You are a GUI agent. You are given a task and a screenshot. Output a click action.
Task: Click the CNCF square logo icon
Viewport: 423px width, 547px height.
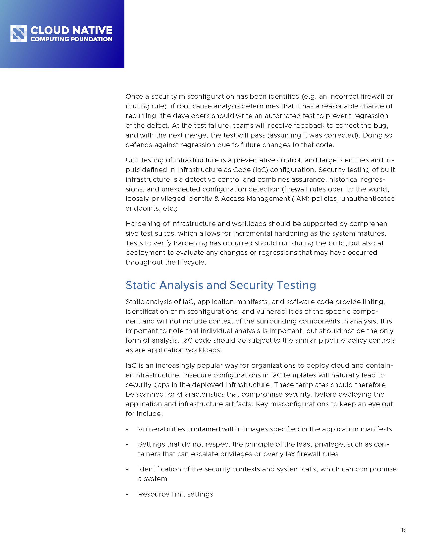point(19,34)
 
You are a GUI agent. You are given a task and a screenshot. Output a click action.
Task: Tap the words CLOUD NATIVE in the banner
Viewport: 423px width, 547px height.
point(71,30)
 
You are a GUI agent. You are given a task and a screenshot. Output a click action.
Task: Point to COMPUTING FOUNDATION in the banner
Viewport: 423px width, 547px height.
point(71,39)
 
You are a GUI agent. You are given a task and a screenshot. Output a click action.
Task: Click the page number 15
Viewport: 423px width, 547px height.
point(403,530)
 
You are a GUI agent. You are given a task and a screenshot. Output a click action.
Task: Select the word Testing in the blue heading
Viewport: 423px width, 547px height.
point(296,285)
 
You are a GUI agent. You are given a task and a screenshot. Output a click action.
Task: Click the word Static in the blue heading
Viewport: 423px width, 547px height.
point(141,285)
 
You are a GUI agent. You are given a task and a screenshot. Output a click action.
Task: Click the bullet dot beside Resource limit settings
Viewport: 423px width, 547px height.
point(127,495)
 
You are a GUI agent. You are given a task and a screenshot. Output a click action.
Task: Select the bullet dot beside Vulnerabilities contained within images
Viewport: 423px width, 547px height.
point(127,430)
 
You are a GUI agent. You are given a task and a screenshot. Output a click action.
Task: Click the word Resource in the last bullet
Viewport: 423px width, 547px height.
point(153,494)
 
